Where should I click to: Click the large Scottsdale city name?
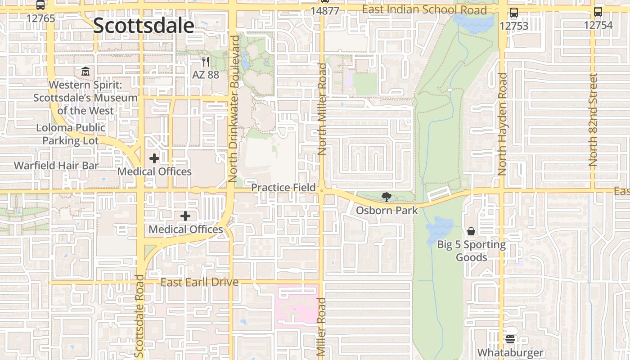[144, 26]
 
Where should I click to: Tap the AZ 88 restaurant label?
[206, 75]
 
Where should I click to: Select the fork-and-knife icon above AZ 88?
[206, 62]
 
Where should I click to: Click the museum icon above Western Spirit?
[85, 71]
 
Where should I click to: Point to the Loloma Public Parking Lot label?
[71, 134]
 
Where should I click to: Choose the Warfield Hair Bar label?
[56, 166]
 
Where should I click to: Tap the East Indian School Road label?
[424, 10]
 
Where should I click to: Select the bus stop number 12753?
[514, 26]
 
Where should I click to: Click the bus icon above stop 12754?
[598, 12]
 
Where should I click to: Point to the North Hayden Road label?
[503, 124]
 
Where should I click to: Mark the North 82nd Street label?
[593, 120]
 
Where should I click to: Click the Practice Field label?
[283, 187]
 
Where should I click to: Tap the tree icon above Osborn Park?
[386, 197]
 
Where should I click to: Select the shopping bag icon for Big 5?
[471, 231]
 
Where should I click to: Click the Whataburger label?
[510, 352]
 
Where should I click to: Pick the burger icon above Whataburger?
[510, 339]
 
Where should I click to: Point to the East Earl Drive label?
[199, 283]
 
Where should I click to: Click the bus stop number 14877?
[325, 11]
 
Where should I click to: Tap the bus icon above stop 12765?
[40, 5]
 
